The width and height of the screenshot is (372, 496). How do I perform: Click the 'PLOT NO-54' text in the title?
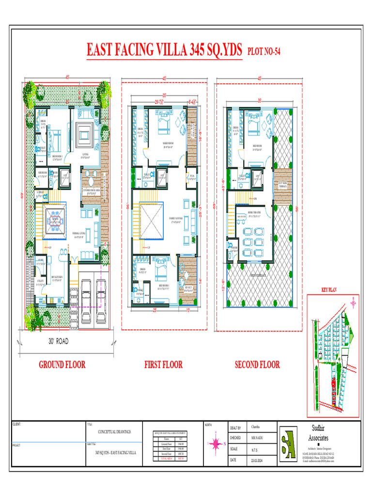coord(264,51)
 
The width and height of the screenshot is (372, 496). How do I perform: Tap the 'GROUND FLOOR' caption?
coord(62,365)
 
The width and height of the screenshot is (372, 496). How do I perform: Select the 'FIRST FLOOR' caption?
coord(163,365)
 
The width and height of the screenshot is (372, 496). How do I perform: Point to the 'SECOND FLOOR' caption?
coord(257,365)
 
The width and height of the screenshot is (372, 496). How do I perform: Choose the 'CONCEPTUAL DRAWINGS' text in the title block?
coord(114,431)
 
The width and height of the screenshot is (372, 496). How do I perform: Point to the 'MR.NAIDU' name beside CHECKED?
coord(258,438)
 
